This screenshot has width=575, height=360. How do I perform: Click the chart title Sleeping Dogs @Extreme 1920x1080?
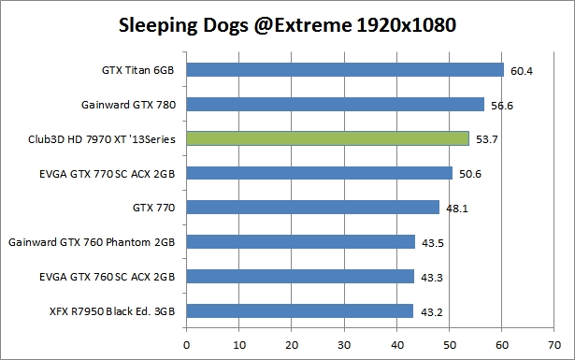pos(287,24)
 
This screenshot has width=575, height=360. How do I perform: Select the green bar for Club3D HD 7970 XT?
pos(327,138)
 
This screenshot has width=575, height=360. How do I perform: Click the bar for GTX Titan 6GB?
pos(345,69)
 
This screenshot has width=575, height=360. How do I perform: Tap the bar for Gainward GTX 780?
pos(335,104)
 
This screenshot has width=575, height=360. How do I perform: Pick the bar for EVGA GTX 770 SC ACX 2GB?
pos(319,173)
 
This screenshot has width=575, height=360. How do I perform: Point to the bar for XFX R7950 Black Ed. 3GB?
pos(299,310)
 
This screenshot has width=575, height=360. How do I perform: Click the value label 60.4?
pos(520,70)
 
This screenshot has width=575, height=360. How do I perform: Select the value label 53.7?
pos(484,139)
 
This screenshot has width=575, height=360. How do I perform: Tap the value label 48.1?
pos(456,209)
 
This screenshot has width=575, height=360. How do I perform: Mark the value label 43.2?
pos(430,311)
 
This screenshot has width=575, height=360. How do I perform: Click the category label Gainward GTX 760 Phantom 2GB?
pos(93,242)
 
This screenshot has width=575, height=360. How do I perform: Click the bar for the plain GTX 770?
pos(312,208)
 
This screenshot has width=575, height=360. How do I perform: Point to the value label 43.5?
pos(431,243)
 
